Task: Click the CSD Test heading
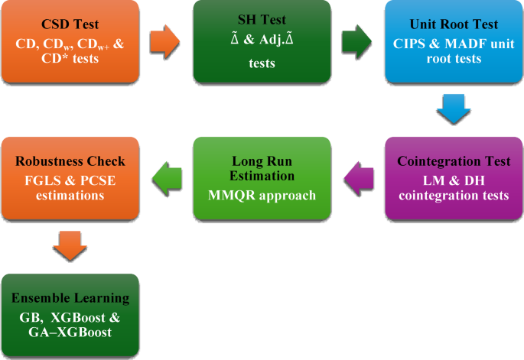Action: click(x=69, y=25)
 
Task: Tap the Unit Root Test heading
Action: click(x=453, y=25)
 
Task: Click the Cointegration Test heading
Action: click(x=453, y=161)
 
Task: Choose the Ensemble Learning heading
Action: click(x=70, y=298)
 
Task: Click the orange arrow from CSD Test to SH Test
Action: click(x=165, y=43)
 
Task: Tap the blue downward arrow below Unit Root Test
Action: click(x=453, y=110)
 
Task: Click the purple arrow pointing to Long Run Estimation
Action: click(x=357, y=179)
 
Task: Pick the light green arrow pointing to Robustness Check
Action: click(x=165, y=179)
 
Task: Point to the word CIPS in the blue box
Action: click(x=414, y=43)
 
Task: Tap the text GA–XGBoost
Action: click(x=70, y=332)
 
